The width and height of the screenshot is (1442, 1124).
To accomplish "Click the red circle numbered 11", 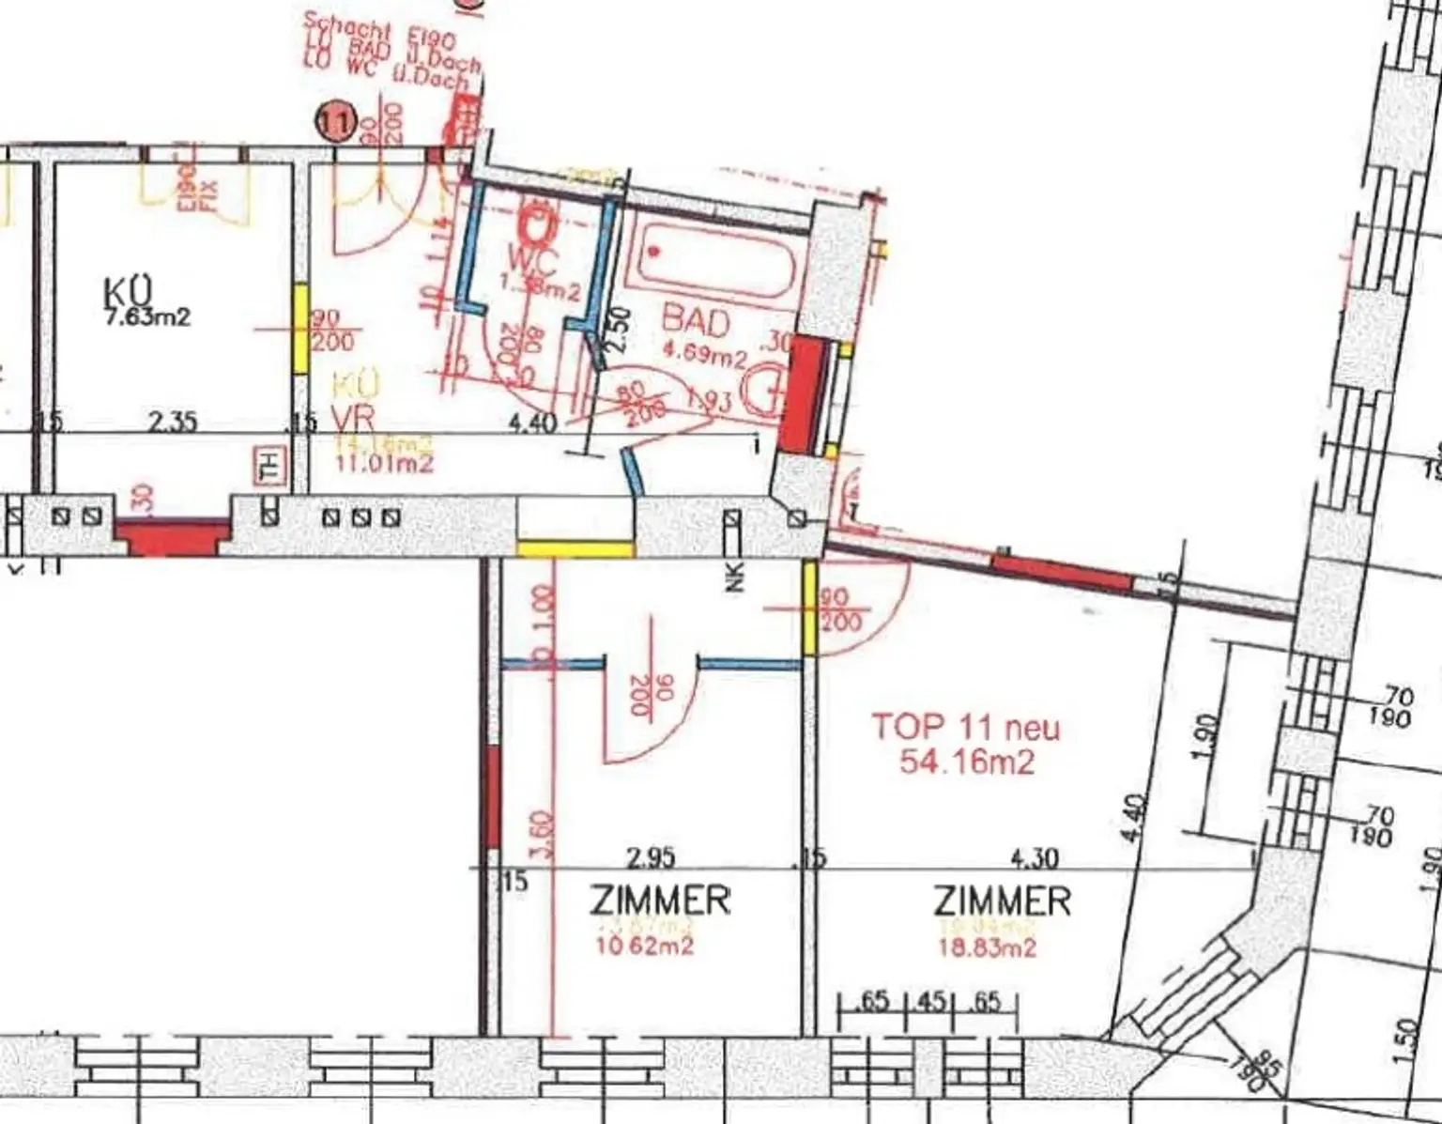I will [x=335, y=121].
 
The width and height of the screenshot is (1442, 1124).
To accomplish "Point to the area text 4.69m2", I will [x=704, y=356].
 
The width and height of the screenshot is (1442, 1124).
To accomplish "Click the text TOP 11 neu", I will [x=966, y=727].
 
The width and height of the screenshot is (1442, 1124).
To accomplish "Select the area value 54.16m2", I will [x=966, y=761].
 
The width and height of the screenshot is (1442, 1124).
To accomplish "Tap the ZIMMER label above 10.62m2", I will [x=661, y=901].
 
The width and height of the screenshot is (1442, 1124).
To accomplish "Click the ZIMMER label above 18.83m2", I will [x=1002, y=901].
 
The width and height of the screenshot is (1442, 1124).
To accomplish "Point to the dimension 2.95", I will [x=651, y=858].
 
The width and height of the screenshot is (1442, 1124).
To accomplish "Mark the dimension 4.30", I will [x=1034, y=858].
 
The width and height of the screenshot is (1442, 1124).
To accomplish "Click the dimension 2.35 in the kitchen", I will [x=173, y=421].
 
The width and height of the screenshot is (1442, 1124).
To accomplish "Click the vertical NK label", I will [x=734, y=577].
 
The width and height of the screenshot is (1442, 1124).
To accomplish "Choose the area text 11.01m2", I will [x=383, y=463].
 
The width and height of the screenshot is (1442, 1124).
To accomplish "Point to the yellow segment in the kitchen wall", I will [x=300, y=329].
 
